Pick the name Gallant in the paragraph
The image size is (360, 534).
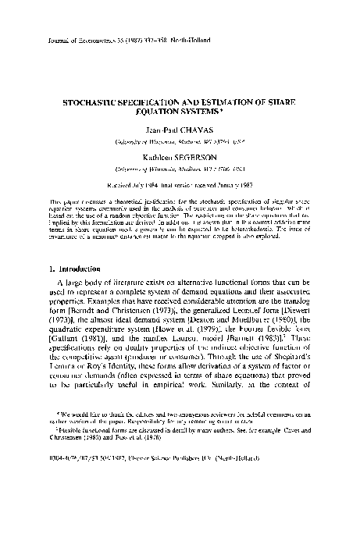click(72, 338)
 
